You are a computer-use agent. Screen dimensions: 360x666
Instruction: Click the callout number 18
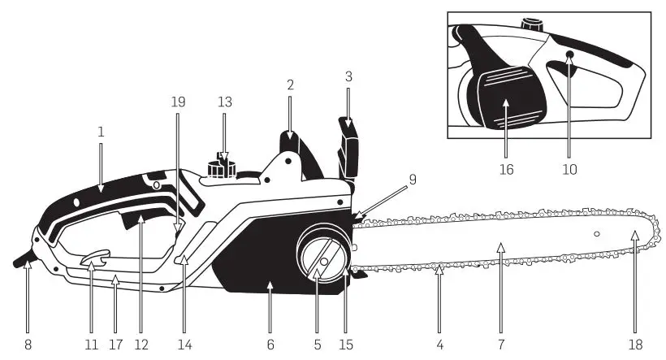pos(635,344)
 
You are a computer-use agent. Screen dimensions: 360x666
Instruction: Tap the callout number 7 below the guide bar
pos(501,344)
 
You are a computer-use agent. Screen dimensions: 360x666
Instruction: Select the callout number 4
pos(439,344)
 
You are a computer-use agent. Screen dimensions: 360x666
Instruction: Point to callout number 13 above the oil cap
pos(225,102)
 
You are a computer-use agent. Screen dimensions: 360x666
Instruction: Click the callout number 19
pos(178,102)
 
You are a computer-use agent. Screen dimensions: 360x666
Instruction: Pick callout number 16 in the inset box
pos(506,171)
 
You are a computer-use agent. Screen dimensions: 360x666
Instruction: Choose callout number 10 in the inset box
pos(569,171)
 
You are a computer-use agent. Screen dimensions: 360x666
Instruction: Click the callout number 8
pos(28,344)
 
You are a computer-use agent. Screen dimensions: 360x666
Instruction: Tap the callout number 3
pos(348,77)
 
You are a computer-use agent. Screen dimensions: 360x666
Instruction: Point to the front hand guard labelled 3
pos(348,146)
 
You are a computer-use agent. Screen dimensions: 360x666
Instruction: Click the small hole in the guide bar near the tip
pos(597,235)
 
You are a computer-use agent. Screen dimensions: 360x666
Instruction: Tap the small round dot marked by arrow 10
pos(569,54)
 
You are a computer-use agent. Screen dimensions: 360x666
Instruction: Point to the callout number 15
pos(346,344)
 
